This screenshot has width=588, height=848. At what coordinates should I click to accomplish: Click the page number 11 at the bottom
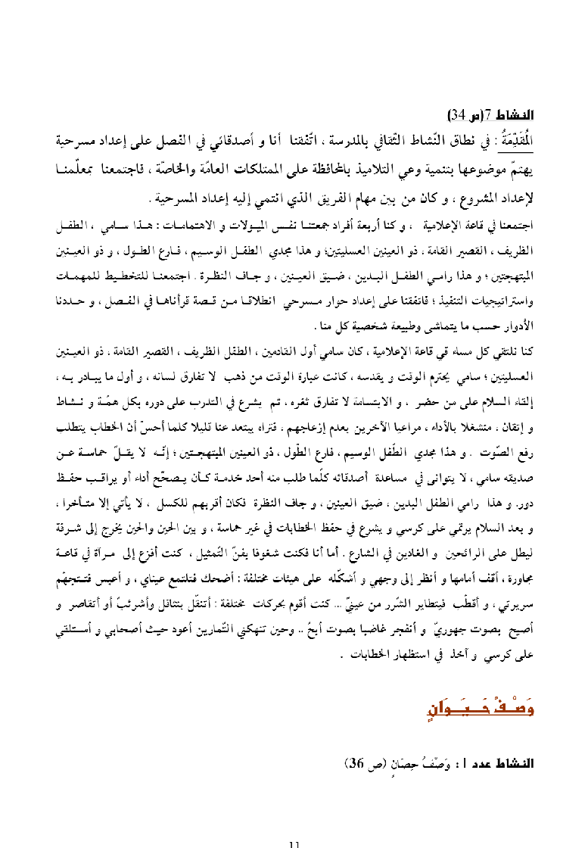(x=296, y=842)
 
